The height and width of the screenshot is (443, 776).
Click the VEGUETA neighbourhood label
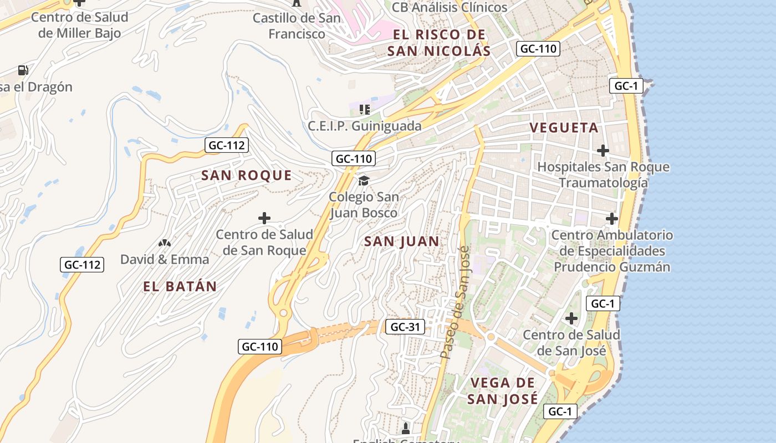point(564,128)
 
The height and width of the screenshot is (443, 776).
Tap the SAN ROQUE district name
point(246,176)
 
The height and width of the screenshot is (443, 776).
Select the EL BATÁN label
point(180,286)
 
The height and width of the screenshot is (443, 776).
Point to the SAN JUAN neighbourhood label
point(402,241)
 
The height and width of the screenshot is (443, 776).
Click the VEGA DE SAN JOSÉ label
point(502,390)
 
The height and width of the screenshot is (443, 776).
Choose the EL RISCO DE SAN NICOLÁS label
point(438,43)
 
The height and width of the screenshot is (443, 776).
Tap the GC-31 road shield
point(405,327)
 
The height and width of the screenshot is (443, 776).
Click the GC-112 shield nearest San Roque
point(227,146)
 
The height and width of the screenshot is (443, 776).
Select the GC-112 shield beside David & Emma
point(82,265)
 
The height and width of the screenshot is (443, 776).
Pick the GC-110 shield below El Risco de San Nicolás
point(538,49)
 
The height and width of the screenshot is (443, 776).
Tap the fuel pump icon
point(23,70)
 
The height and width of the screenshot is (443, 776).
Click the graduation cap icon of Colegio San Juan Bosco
point(364,181)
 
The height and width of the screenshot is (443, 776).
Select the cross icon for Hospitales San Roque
point(603,150)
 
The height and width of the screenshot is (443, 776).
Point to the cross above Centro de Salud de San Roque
point(264,218)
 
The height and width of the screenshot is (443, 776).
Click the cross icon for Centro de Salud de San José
point(571,318)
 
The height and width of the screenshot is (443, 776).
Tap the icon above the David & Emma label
point(164,243)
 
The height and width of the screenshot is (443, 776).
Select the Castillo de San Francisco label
point(297,26)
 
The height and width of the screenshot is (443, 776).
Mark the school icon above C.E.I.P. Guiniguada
point(364,109)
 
